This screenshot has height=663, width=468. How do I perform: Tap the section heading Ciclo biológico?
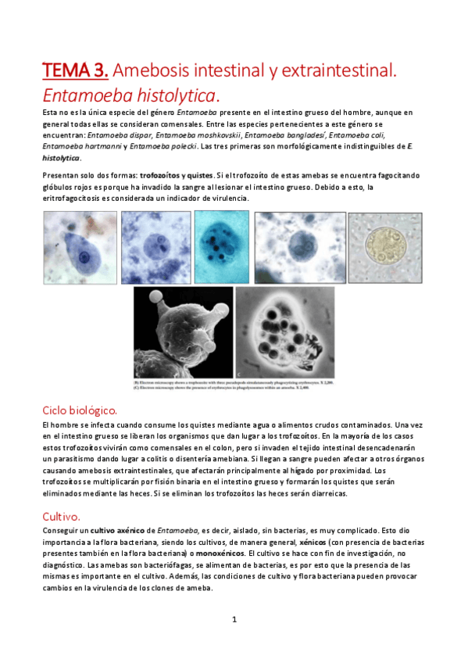80,410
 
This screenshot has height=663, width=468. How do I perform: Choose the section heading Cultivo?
62,516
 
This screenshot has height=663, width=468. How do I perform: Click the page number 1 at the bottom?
234,619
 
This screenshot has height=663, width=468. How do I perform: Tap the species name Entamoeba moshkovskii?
198,135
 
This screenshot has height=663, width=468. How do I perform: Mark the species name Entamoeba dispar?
118,135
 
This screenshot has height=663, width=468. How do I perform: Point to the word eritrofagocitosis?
77,199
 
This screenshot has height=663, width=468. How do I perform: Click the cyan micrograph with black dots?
221,247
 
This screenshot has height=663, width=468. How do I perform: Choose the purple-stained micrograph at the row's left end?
80,248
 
